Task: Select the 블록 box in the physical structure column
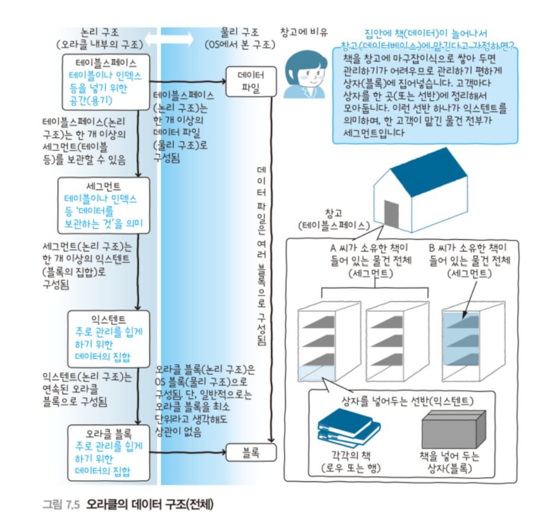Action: pyautogui.click(x=251, y=454)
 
